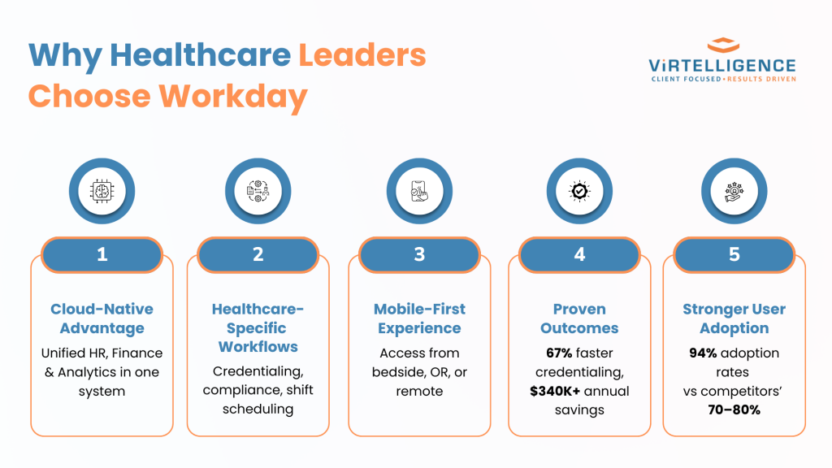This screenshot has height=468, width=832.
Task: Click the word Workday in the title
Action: tap(233, 97)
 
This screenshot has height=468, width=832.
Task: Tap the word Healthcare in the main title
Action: tap(200, 54)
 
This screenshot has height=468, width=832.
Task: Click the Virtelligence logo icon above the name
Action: tap(723, 45)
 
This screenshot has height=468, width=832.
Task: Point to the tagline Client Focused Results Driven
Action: tap(723, 79)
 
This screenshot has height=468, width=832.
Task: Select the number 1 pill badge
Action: tap(102, 254)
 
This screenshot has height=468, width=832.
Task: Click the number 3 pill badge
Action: tap(419, 254)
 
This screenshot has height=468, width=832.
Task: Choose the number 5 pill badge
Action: tap(734, 254)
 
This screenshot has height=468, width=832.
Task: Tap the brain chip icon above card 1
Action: tap(102, 191)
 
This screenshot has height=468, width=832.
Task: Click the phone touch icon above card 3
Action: tap(419, 191)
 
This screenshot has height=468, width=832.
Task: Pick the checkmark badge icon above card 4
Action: tap(579, 191)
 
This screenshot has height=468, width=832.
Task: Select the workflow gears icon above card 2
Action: tap(258, 191)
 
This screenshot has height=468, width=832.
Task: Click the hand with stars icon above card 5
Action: tap(734, 192)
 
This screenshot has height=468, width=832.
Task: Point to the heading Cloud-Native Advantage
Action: tap(102, 318)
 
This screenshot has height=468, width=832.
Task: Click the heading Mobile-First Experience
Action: tap(419, 318)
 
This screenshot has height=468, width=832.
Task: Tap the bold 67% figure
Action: tap(559, 353)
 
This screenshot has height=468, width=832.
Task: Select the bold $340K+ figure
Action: tap(554, 391)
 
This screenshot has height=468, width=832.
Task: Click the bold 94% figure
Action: tap(703, 353)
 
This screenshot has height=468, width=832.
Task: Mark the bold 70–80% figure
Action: tap(734, 409)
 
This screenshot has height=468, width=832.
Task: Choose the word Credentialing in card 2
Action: tap(258, 371)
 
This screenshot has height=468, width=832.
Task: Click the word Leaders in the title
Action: tap(362, 54)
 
